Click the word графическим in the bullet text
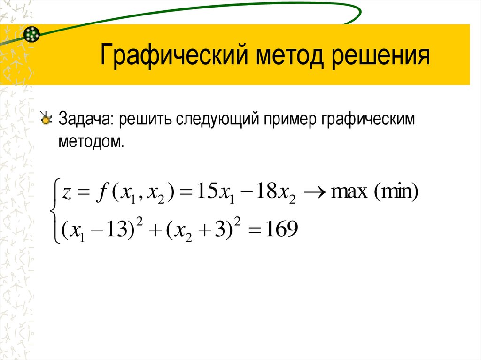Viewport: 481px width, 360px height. coord(369,119)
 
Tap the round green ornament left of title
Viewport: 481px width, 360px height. coord(31,34)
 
